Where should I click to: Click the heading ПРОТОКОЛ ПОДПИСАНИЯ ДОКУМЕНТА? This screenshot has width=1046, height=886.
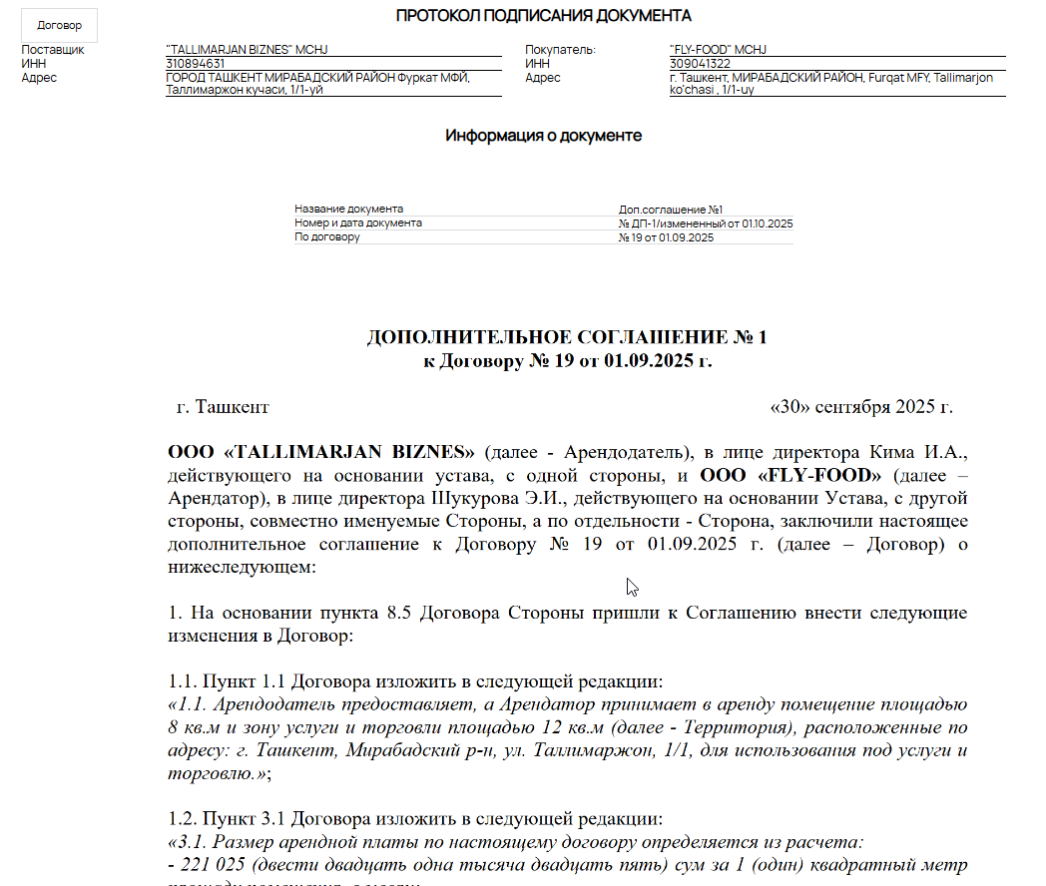click(544, 15)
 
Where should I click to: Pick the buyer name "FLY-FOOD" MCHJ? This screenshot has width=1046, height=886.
click(718, 50)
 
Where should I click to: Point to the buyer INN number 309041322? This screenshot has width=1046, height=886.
click(700, 64)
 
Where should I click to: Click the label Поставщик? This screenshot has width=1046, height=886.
click(53, 50)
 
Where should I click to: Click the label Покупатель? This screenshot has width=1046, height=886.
click(560, 50)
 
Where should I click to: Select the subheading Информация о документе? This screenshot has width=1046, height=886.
click(543, 136)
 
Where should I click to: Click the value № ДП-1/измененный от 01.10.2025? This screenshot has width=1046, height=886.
click(706, 223)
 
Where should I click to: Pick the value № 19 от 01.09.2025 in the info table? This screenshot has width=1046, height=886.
click(666, 237)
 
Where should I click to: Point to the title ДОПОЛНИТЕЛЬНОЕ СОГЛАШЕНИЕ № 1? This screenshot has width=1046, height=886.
click(567, 337)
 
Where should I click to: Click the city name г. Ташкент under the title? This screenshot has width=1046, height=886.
click(222, 407)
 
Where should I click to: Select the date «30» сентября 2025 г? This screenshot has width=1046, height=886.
click(862, 407)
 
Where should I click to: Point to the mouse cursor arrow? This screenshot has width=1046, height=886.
click(631, 586)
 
